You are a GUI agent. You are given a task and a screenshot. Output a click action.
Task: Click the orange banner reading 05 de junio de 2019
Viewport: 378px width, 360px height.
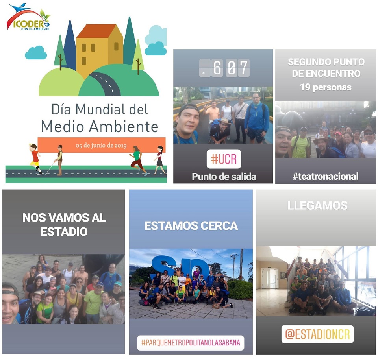tap(102, 145)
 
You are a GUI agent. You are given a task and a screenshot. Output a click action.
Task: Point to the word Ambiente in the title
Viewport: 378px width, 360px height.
tap(124, 127)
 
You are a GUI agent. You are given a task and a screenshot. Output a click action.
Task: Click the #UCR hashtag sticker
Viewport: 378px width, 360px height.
tap(224, 159)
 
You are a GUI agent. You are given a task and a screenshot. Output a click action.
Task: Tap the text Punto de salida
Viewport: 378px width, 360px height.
tap(224, 177)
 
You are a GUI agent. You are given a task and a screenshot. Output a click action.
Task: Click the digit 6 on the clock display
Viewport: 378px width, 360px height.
tap(217, 68)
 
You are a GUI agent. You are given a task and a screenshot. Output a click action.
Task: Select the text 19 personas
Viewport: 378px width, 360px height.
tap(326, 87)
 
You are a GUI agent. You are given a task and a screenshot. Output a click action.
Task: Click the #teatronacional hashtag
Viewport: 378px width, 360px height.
tap(326, 176)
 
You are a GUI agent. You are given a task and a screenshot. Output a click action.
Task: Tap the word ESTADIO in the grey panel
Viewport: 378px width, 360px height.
tap(64, 232)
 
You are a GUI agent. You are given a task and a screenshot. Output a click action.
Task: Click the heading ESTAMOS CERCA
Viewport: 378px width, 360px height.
tap(191, 226)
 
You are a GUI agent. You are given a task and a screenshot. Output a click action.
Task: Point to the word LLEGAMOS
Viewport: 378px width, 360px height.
tap(318, 205)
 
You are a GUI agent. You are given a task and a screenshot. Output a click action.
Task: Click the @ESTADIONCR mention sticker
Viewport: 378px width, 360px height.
tap(317, 334)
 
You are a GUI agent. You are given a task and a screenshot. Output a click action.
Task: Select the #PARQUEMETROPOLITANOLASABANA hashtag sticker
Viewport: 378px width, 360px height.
tap(191, 343)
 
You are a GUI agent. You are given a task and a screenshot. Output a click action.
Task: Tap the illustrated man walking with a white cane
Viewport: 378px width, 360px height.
tap(58, 160)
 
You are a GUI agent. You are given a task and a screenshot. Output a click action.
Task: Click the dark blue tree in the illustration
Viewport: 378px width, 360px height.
tap(70, 46)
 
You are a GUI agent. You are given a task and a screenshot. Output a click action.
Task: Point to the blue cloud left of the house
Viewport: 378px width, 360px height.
tap(36, 53)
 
